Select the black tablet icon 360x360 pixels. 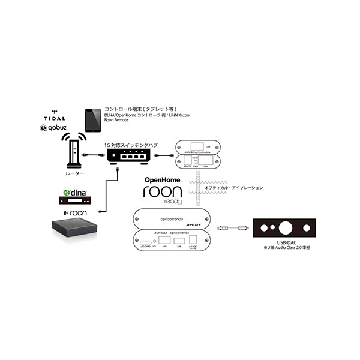pyautogui.click(x=92, y=121)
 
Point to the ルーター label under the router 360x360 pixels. pyautogui.click(x=75, y=173)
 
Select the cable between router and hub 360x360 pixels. pyautogui.click(x=97, y=156)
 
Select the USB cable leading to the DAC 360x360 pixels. pyautogui.click(x=230, y=227)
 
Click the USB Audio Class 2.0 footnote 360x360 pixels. pyautogui.click(x=284, y=247)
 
